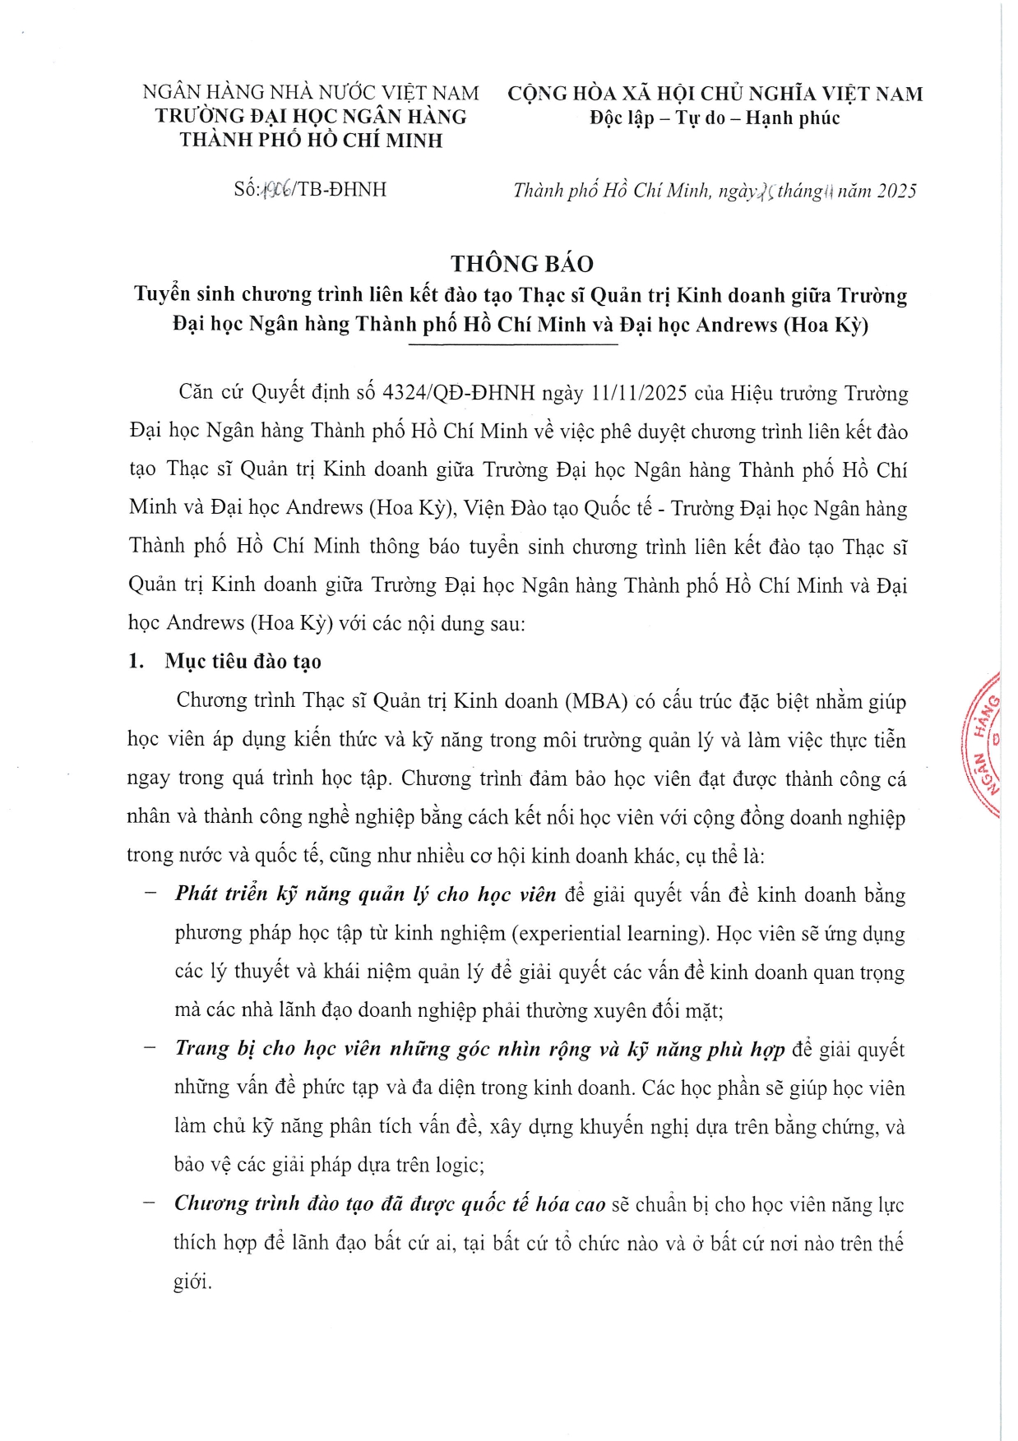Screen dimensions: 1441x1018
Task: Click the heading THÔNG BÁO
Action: pyautogui.click(x=521, y=264)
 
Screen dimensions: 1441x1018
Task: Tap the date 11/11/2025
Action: pyautogui.click(x=638, y=393)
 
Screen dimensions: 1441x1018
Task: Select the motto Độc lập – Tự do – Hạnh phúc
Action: pyautogui.click(x=714, y=118)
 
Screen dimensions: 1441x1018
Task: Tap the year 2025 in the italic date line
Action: pyautogui.click(x=895, y=192)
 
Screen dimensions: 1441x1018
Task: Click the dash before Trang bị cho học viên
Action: pyautogui.click(x=149, y=1048)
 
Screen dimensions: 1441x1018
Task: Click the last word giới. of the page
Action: pyautogui.click(x=192, y=1282)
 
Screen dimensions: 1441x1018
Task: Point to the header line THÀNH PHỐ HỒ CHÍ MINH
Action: pyautogui.click(x=311, y=141)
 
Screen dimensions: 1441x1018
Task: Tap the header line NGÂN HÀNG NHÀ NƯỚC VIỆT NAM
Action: pyautogui.click(x=311, y=93)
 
